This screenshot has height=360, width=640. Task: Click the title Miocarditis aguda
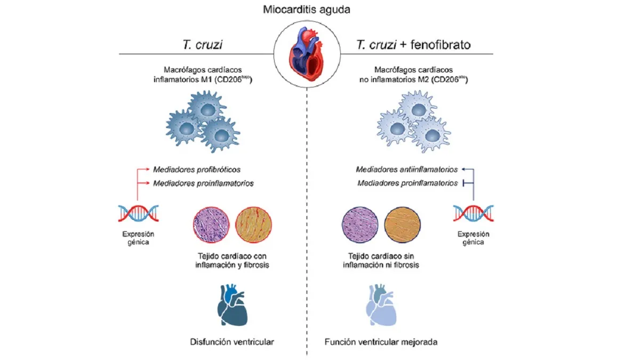307,11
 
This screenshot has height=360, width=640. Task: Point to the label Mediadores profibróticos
197,170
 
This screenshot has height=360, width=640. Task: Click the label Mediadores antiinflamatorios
407,170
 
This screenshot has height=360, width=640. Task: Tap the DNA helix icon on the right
473,213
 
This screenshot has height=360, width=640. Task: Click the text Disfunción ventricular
232,341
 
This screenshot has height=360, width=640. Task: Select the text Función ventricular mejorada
381,341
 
